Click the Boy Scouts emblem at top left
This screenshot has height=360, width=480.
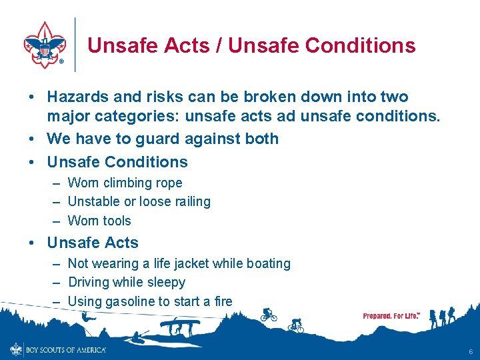point(45,45)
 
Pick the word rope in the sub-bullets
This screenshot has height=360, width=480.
point(167,183)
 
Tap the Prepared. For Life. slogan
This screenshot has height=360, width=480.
point(391,316)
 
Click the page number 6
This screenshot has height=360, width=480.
point(470,351)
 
